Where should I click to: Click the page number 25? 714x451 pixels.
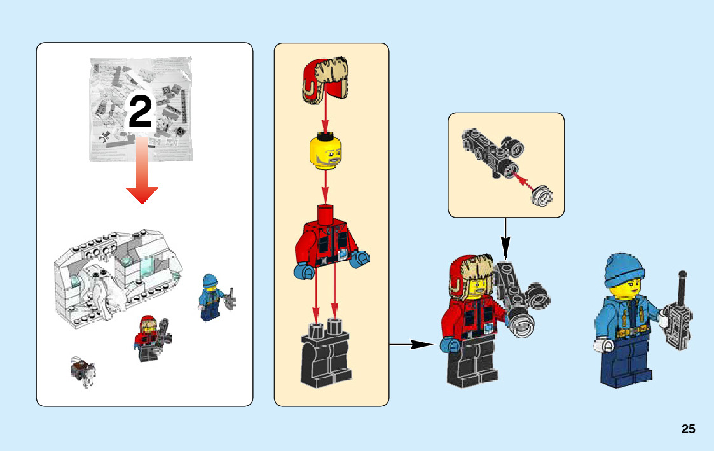[x=688, y=429]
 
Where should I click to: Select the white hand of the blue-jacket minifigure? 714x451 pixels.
[x=601, y=345]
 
